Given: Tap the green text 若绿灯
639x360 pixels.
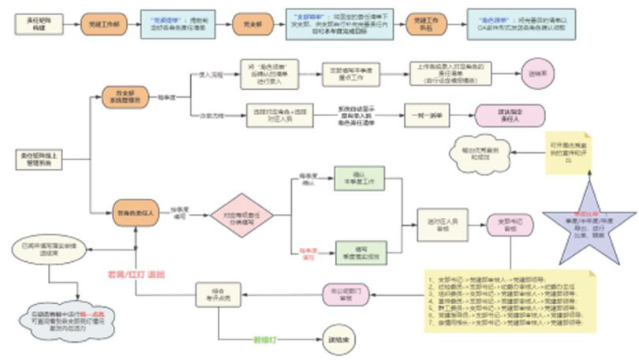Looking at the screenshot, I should point(264,340).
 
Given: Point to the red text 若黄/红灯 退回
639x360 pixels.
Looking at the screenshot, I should point(134,274).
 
